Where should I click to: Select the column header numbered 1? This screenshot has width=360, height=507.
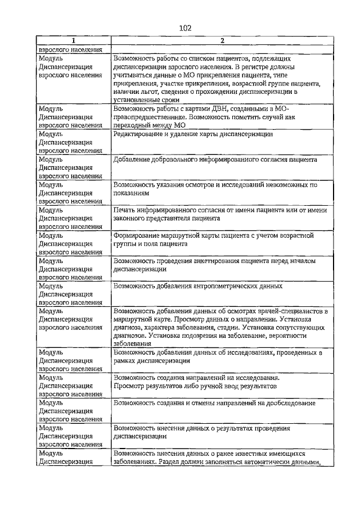(74, 40)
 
